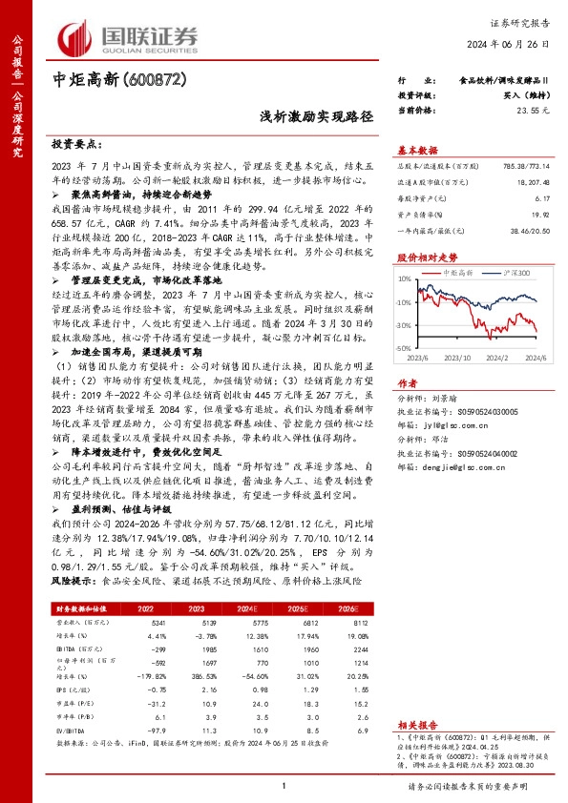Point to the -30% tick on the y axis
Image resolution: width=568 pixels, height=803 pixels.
tap(406, 349)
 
